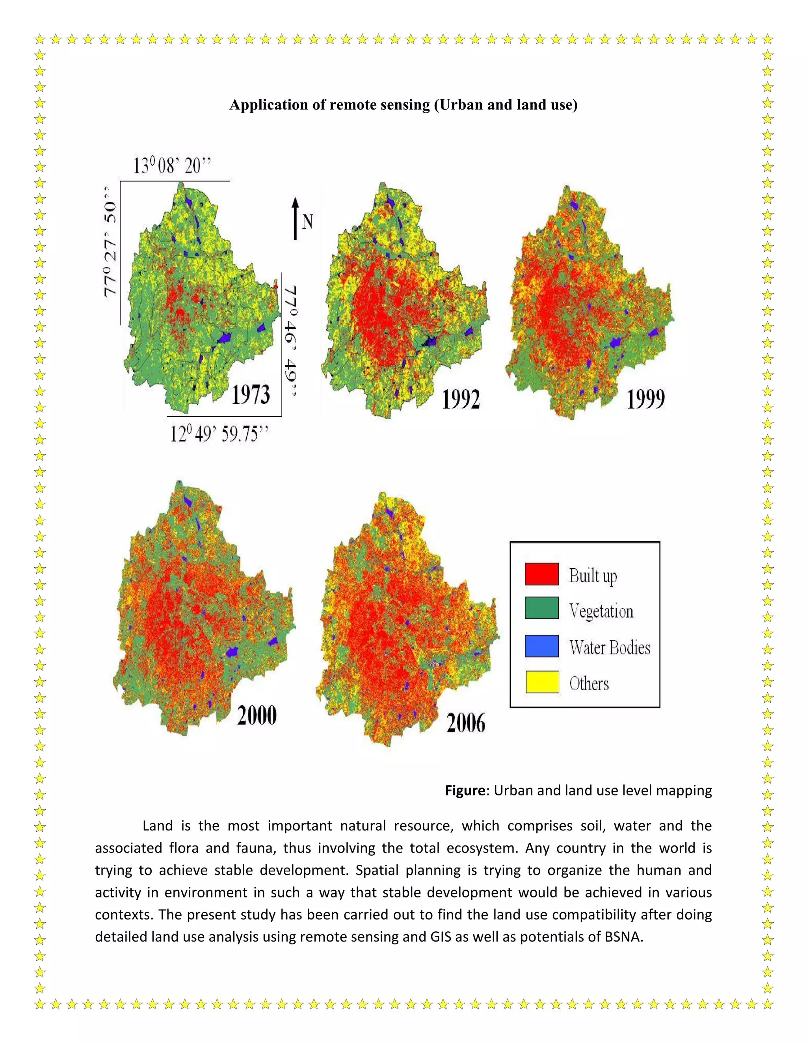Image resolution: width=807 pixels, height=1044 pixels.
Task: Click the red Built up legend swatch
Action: pos(542,574)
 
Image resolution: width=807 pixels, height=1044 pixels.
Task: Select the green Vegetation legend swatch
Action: pos(542,608)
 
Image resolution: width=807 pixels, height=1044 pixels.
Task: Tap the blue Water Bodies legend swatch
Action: pos(542,646)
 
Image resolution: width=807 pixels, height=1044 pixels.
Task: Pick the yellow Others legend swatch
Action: pos(542,682)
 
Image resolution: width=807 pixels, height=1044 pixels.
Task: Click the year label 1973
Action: pos(251,395)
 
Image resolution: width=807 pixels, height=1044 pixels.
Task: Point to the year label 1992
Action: pos(460,399)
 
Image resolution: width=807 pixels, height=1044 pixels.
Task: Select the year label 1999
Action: pos(645,399)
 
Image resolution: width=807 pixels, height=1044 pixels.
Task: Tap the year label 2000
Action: pos(257,715)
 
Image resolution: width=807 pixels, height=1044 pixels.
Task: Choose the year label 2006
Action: pos(466,723)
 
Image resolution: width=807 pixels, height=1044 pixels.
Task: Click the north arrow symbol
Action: pos(296,219)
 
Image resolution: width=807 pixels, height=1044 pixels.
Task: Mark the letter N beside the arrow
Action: pos(307,222)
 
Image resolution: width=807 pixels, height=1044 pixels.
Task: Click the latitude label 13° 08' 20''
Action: pos(172,166)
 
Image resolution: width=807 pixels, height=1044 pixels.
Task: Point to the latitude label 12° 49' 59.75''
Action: pos(219,434)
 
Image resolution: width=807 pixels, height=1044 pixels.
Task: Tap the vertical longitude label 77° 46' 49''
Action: pos(290,341)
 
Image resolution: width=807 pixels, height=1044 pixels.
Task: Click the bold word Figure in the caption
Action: pos(465,791)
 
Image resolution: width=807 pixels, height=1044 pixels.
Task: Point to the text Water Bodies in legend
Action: pos(610,648)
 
